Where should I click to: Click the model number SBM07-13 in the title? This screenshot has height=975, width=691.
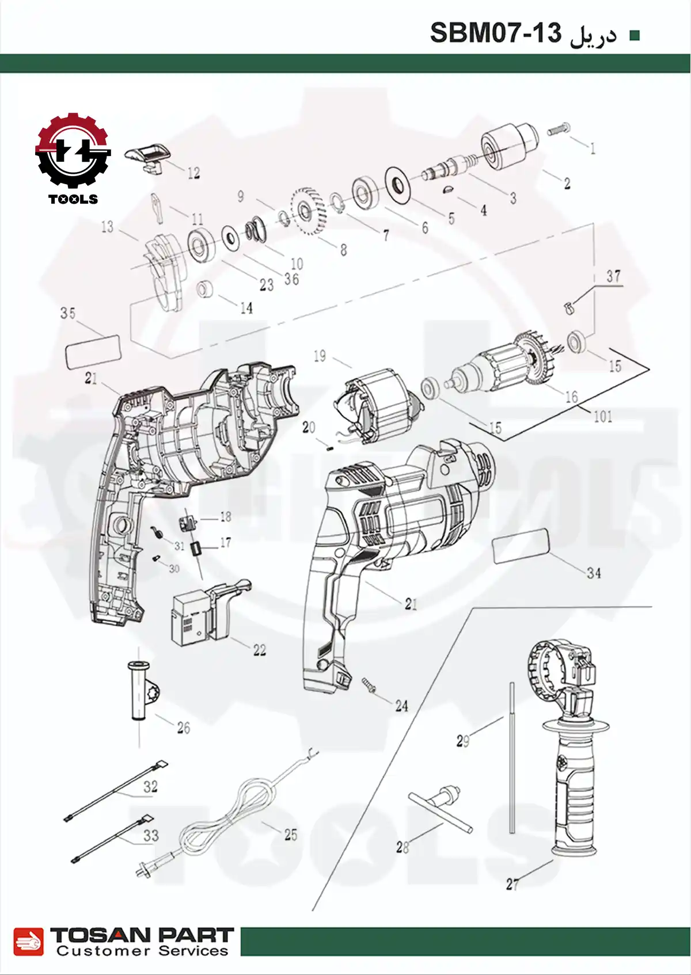[495, 33]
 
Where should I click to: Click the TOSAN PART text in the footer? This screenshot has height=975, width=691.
[142, 935]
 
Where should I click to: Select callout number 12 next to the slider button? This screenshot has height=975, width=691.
[193, 173]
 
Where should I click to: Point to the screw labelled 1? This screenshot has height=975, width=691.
[559, 130]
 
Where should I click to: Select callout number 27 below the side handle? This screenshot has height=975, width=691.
[512, 884]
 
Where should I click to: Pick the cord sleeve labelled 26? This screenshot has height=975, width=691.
[139, 691]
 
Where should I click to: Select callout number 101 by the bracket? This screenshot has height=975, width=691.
[602, 416]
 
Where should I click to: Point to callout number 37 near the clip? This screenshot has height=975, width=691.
[613, 276]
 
